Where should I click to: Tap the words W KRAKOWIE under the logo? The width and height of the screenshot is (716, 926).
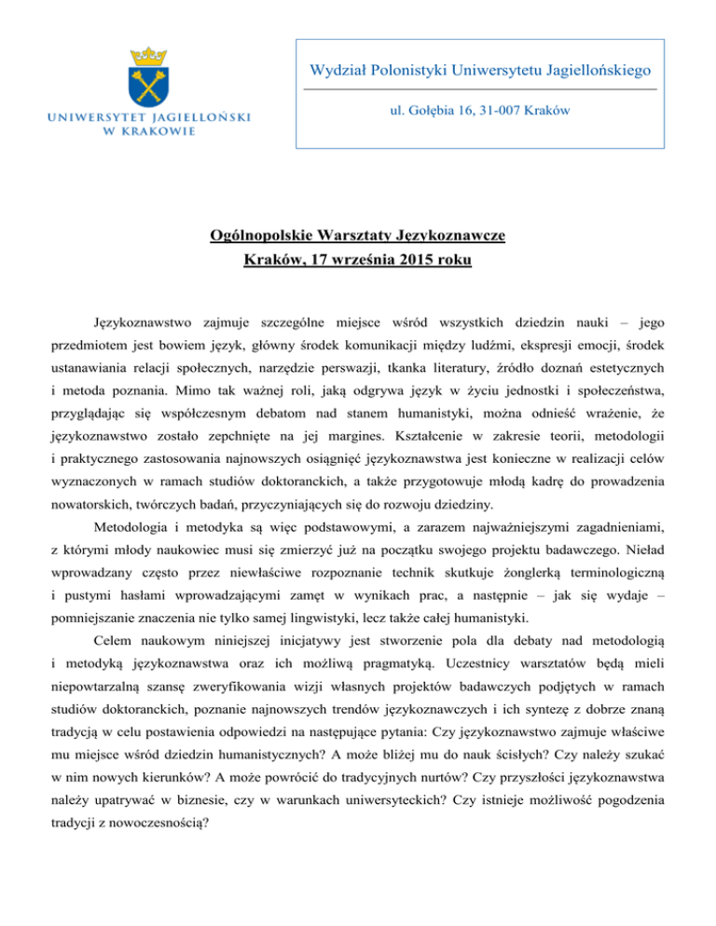tap(149, 130)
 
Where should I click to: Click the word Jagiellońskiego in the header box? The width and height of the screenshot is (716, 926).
tap(586, 70)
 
